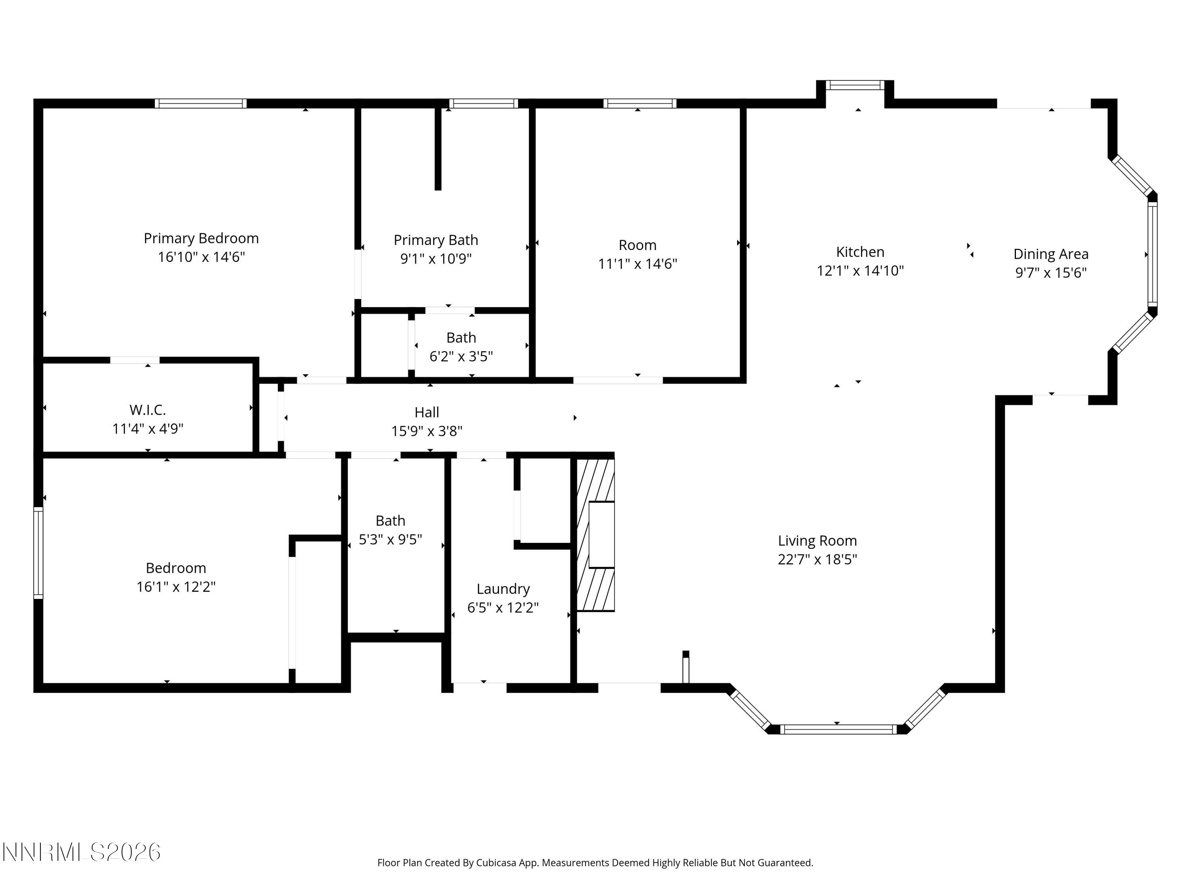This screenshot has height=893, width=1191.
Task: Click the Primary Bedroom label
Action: coord(201,239)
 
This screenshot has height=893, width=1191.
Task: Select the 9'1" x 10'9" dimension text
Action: coord(436,259)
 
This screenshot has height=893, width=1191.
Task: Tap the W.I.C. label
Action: coord(148,410)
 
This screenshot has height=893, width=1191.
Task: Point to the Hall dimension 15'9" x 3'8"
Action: coord(426,431)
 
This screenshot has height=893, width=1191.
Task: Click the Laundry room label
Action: coord(503,589)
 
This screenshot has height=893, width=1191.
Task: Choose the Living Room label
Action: coord(817,541)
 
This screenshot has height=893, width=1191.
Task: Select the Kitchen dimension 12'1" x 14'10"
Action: coord(860,271)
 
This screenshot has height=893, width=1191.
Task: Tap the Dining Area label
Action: coord(1050,254)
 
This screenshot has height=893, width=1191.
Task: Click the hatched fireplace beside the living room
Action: coord(595,535)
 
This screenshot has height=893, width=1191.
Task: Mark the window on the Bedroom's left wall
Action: coord(38,552)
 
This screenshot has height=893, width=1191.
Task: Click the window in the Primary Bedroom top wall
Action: coord(201,103)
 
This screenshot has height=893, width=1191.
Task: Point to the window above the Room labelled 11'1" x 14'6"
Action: coord(639,103)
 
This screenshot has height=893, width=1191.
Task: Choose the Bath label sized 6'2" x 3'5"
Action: coord(461,337)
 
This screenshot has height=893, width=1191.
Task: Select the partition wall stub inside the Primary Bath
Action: coord(438,148)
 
